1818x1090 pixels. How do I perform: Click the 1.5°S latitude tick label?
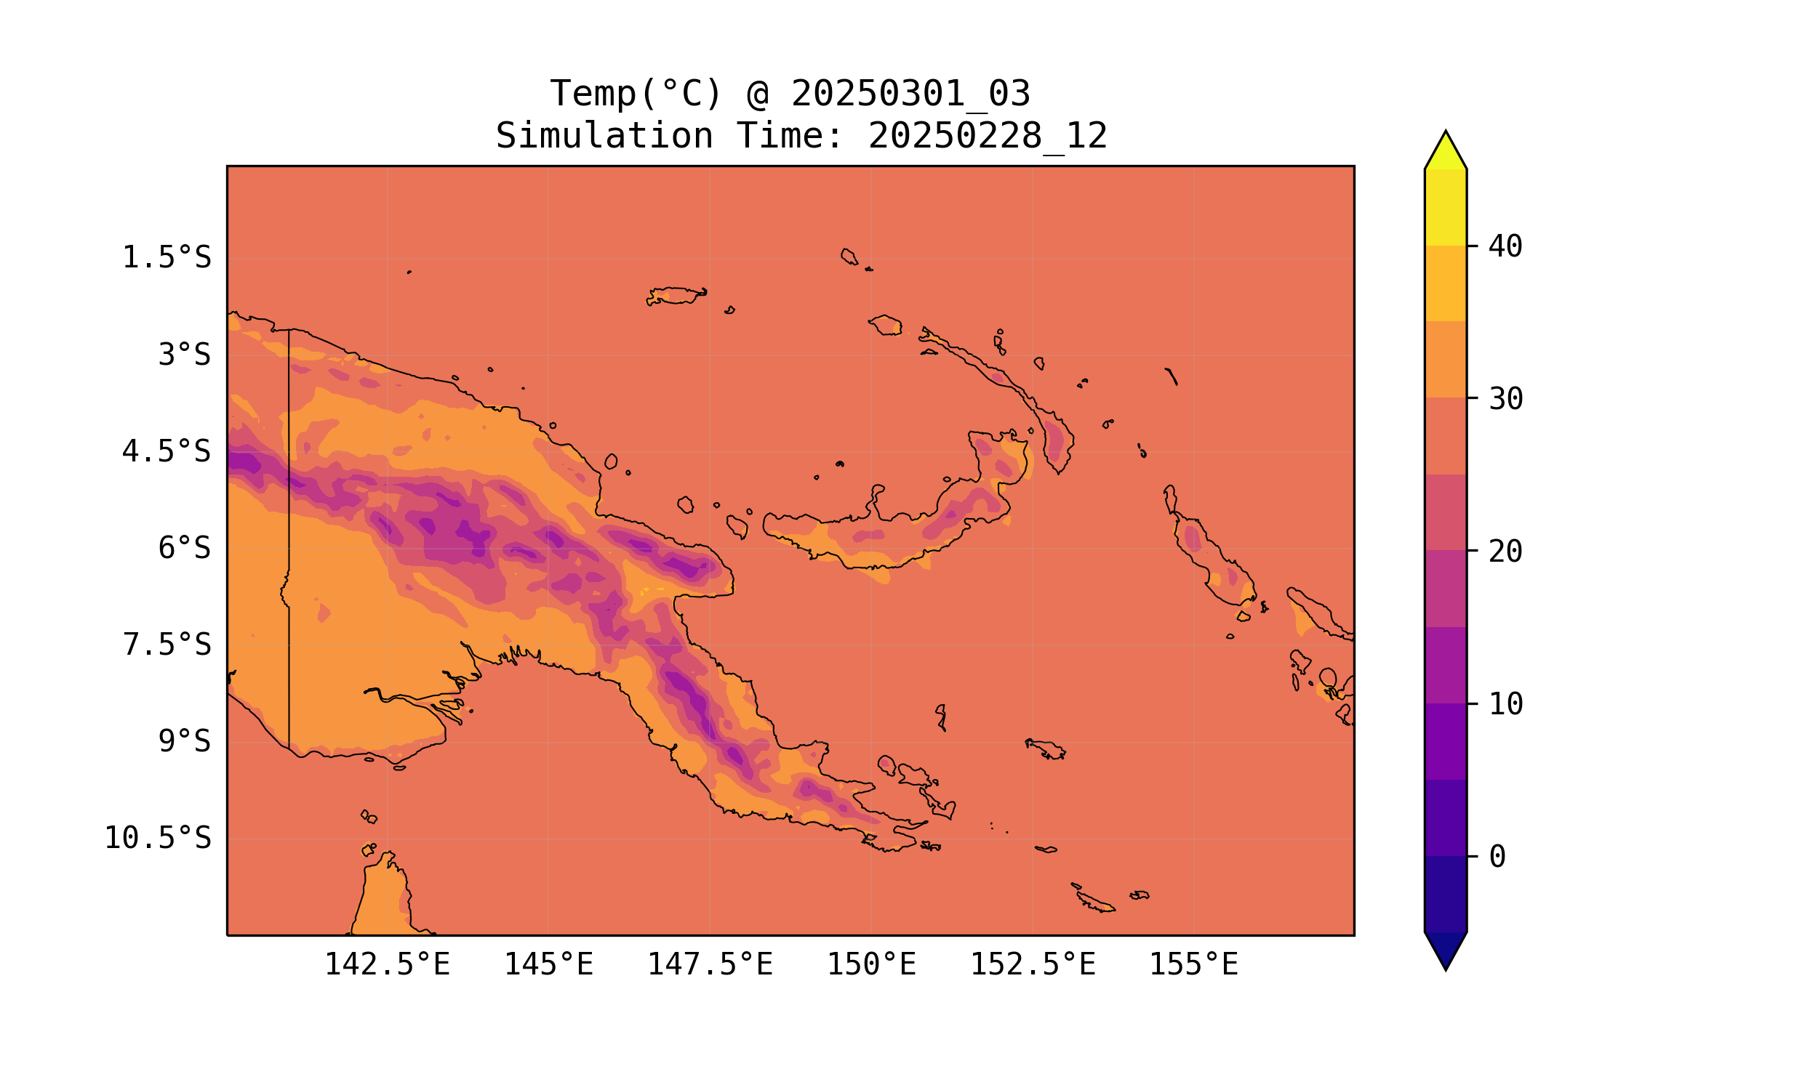click(x=166, y=258)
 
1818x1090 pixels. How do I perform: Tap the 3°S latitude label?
click(x=185, y=355)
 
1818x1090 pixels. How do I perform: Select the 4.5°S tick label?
click(x=166, y=452)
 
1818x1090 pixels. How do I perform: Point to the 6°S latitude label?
click(x=185, y=548)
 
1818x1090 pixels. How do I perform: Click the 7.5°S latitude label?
click(x=166, y=645)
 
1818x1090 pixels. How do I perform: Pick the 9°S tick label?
click(x=185, y=741)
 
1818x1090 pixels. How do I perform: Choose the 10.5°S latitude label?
click(x=157, y=838)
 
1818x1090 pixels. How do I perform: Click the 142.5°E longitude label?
click(x=388, y=964)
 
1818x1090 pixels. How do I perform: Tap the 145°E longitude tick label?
click(x=548, y=964)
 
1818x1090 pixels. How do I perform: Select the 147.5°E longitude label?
click(x=710, y=964)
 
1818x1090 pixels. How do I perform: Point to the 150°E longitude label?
click(x=871, y=964)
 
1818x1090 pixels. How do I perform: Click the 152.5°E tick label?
click(x=1033, y=964)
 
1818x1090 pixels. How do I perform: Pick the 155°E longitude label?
click(x=1193, y=964)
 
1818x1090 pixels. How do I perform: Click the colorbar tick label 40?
click(x=1506, y=247)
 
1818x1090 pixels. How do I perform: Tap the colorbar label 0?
click(x=1497, y=857)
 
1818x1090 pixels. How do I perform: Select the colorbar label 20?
click(x=1506, y=552)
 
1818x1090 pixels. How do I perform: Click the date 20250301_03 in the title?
click(x=910, y=94)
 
